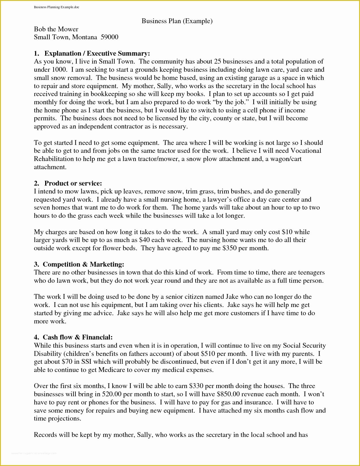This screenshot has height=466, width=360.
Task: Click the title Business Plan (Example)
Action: [177, 21]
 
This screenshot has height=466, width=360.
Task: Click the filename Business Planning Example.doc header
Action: [56, 7]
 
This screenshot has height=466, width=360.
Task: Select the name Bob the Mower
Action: [56, 29]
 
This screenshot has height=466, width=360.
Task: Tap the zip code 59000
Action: [109, 37]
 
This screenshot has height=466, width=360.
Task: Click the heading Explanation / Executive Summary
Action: [97, 53]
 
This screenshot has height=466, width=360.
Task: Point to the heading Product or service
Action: [73, 183]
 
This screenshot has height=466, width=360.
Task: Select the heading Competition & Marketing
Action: [83, 264]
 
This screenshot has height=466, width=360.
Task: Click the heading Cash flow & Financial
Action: [78, 337]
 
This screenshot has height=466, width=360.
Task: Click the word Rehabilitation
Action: [57, 159]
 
